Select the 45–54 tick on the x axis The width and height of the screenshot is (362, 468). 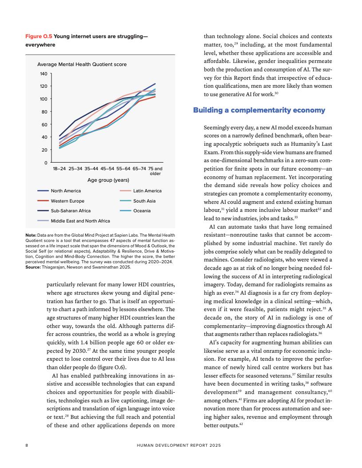pyautogui.click(x=108, y=169)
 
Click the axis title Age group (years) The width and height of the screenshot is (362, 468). pyautogui.click(x=108, y=180)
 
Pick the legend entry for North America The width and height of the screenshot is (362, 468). pyautogui.click(x=66, y=191)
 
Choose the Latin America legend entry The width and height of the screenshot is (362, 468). pyautogui.click(x=147, y=191)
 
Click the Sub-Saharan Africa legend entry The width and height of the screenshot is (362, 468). pyautogui.click(x=71, y=211)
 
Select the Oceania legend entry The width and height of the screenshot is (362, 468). pyautogui.click(x=142, y=211)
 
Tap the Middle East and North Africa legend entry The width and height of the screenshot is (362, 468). pyautogui.click(x=80, y=221)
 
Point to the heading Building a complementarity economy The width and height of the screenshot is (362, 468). pyautogui.click(x=259, y=110)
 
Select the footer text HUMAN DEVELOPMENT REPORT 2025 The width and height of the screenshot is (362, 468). pyautogui.click(x=178, y=445)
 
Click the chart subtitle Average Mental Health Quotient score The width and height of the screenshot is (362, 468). pyautogui.click(x=82, y=64)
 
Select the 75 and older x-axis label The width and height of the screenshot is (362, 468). pyautogui.click(x=155, y=171)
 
